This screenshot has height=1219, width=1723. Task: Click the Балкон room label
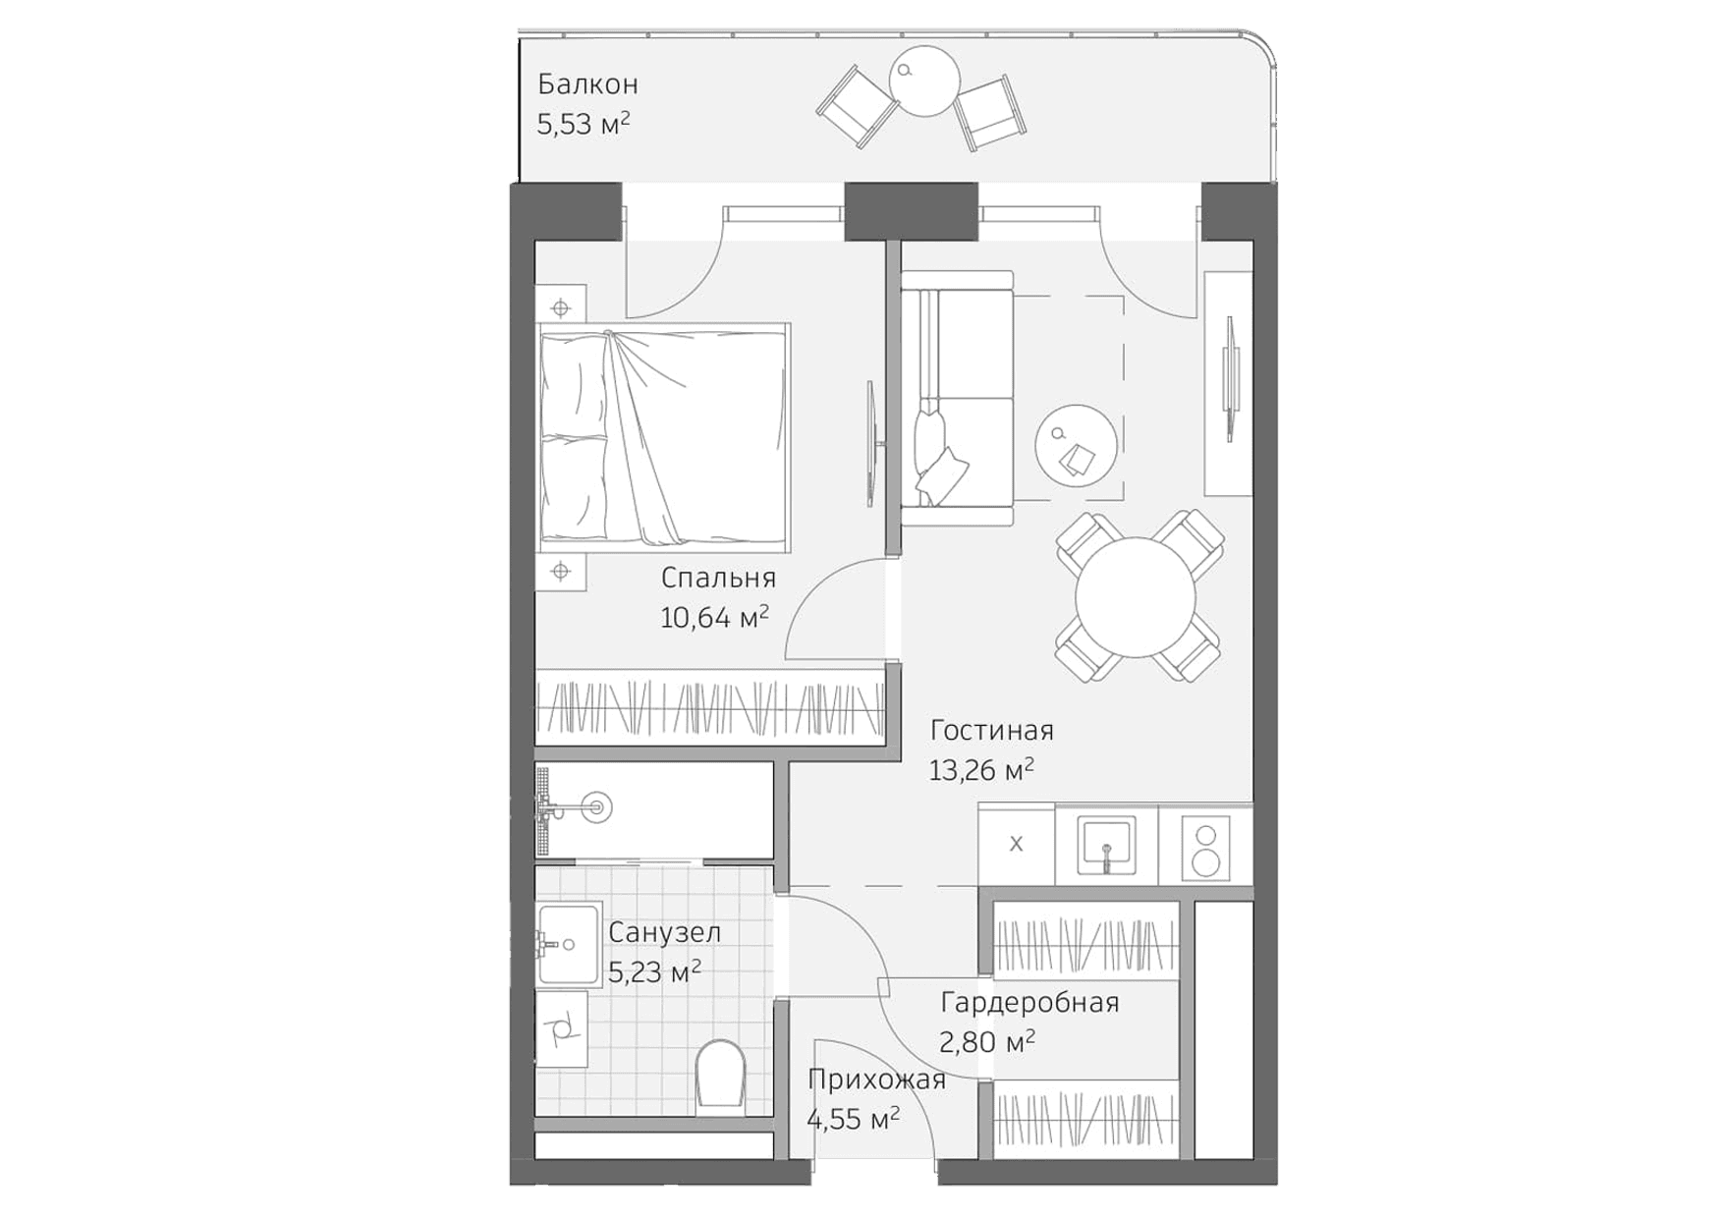point(587,84)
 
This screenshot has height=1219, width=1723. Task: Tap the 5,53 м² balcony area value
point(583,125)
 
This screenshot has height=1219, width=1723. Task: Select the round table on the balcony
point(923,82)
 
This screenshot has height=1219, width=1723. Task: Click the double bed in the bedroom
point(664,435)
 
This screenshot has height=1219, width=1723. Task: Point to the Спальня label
point(718,578)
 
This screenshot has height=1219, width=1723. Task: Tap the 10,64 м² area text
point(714,618)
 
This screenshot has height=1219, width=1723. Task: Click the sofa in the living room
point(957,401)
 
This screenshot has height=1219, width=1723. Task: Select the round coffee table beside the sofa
point(1076,445)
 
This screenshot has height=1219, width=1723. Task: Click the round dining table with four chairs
point(1136,597)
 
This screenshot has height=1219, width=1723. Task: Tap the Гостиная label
point(991,731)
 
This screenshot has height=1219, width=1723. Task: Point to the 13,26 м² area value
point(981,771)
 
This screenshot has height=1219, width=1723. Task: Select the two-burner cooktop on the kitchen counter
point(1205,849)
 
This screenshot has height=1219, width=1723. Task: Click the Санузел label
point(664,932)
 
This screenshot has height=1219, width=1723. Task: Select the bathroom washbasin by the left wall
point(568,944)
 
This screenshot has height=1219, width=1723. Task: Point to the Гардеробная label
point(1029,1003)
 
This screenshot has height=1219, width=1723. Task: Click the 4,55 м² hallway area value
point(853,1119)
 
